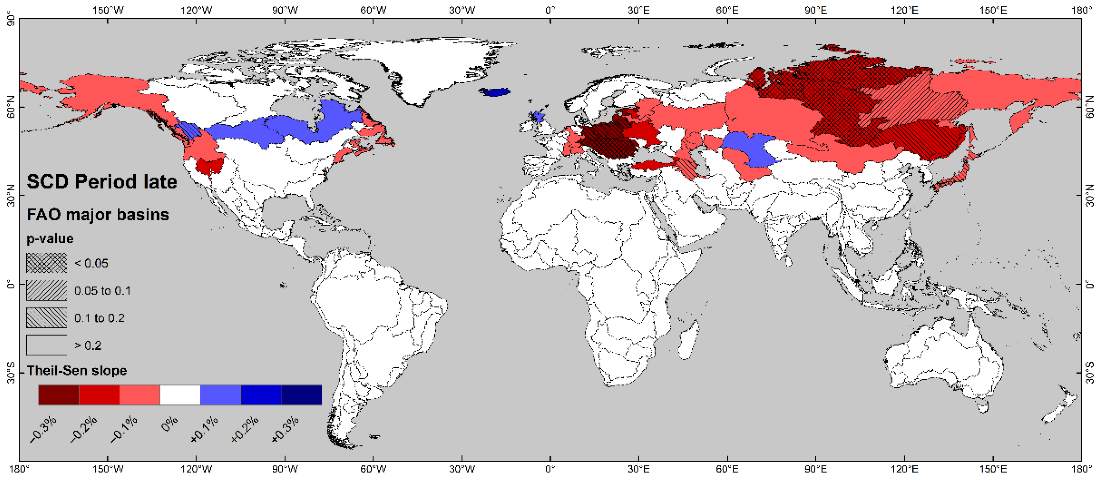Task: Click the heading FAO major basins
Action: click(98, 214)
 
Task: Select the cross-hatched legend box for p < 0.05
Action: click(47, 263)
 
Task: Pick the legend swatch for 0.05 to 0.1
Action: click(47, 290)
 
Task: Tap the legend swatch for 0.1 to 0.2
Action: click(47, 318)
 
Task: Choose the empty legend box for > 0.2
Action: click(47, 345)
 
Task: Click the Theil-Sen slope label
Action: click(77, 370)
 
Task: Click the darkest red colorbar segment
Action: click(59, 395)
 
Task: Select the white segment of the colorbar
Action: click(180, 395)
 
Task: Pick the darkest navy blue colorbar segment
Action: click(301, 395)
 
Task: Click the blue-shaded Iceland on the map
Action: click(494, 92)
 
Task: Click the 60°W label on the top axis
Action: click(373, 10)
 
